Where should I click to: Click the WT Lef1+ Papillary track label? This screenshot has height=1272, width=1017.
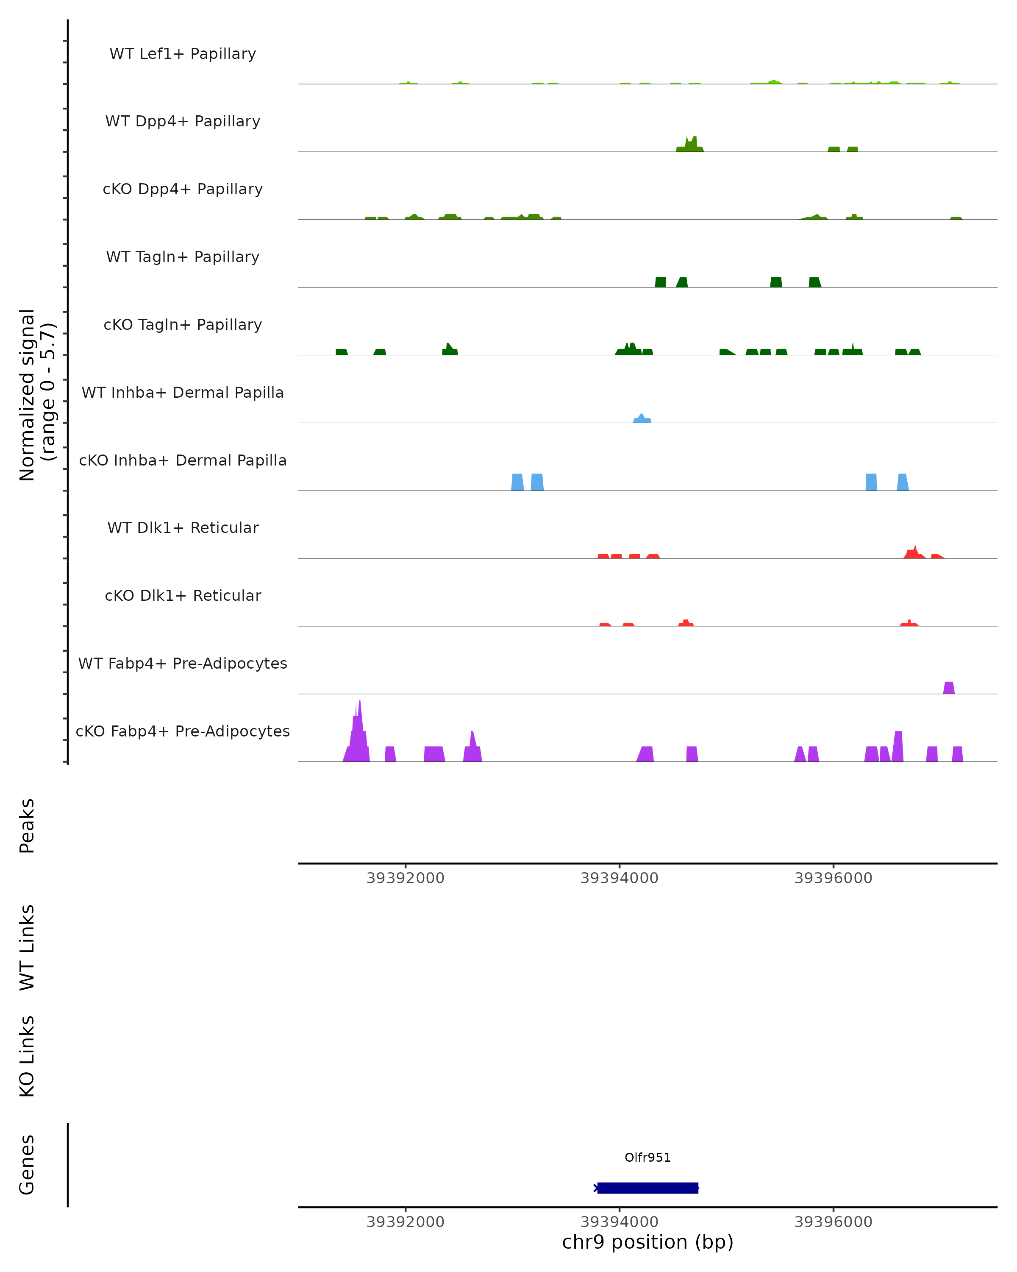[183, 54]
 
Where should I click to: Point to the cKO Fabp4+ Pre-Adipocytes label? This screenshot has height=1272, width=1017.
[183, 731]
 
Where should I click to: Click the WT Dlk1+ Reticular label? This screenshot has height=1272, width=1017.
[183, 527]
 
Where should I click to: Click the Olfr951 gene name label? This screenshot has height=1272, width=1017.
[647, 1158]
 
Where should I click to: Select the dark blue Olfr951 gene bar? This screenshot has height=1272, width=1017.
[647, 1188]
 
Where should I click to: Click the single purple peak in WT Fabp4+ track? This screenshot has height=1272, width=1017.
[949, 688]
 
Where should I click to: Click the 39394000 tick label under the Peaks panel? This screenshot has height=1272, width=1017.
[619, 878]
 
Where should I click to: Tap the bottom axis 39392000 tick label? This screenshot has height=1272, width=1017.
[405, 1222]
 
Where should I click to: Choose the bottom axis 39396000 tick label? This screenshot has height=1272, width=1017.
[833, 1222]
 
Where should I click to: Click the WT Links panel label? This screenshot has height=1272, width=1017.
[27, 947]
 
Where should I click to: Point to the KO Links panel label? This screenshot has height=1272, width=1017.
[27, 1056]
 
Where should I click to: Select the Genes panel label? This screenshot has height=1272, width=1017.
[27, 1165]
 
